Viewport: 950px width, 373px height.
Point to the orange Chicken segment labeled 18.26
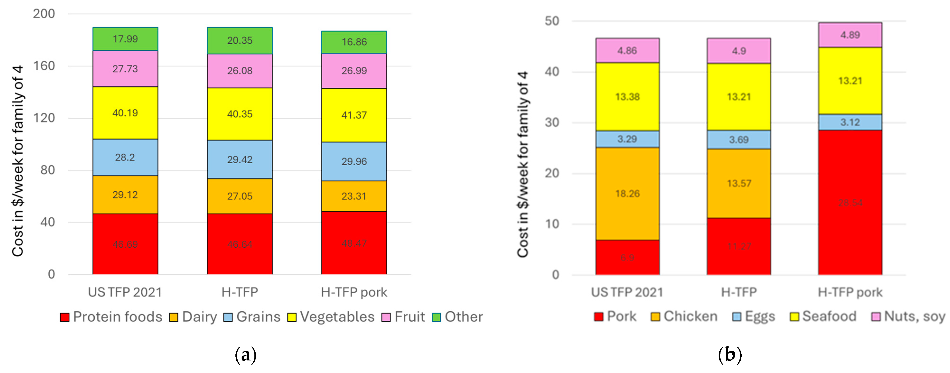click(x=627, y=193)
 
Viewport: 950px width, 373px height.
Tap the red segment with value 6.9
click(x=627, y=257)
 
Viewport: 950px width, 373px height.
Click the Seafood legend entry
click(x=823, y=316)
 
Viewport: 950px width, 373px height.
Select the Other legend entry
click(x=457, y=317)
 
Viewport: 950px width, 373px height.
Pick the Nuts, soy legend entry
click(x=908, y=316)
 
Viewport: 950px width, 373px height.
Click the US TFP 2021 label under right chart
click(x=627, y=292)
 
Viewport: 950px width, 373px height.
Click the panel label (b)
click(x=730, y=355)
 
